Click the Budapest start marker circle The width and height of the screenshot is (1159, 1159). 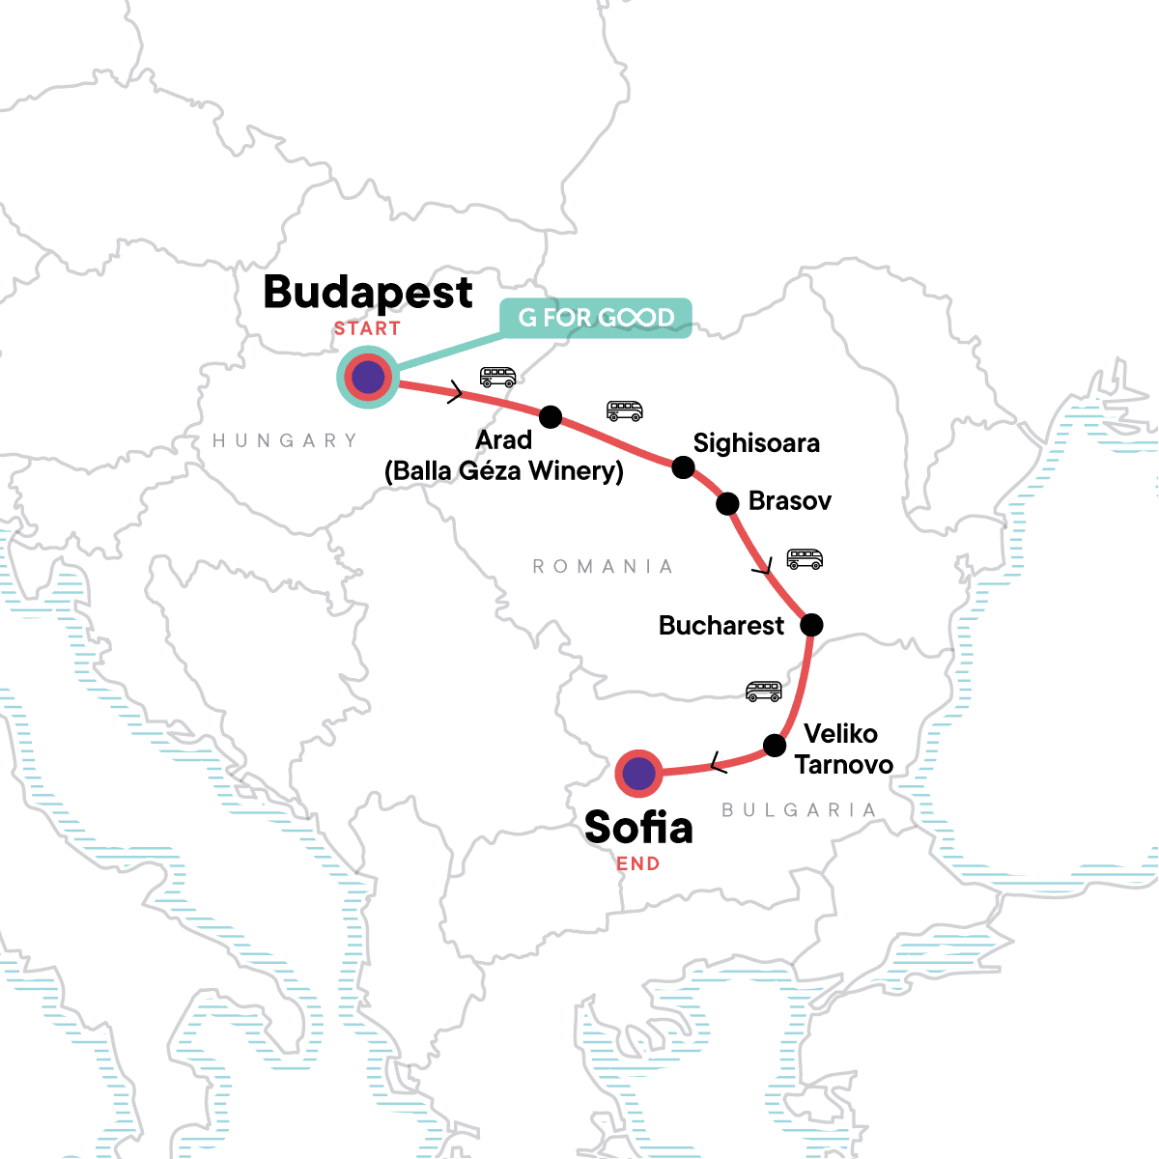[368, 378]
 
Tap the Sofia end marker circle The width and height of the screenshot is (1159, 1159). [638, 774]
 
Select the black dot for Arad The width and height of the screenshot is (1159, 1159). [550, 417]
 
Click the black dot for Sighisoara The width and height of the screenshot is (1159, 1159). [683, 467]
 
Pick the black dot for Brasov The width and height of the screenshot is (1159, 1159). [727, 503]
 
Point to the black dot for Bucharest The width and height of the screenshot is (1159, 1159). [811, 625]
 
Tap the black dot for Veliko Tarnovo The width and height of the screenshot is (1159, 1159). [775, 745]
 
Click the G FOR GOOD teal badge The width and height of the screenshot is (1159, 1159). [596, 318]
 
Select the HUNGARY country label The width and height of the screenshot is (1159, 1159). [285, 440]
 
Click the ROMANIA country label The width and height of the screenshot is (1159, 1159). [603, 566]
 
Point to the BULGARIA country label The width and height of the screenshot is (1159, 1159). [799, 809]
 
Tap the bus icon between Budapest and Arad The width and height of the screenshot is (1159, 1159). [497, 377]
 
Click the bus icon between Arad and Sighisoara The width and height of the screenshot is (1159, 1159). [624, 410]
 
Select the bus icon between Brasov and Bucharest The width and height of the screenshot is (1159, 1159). [805, 559]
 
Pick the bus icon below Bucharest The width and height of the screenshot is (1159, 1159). [763, 691]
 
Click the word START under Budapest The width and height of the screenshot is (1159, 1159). [367, 328]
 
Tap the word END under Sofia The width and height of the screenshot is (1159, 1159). [638, 863]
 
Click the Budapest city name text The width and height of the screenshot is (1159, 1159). [368, 292]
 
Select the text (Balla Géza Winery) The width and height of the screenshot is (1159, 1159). [503, 471]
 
